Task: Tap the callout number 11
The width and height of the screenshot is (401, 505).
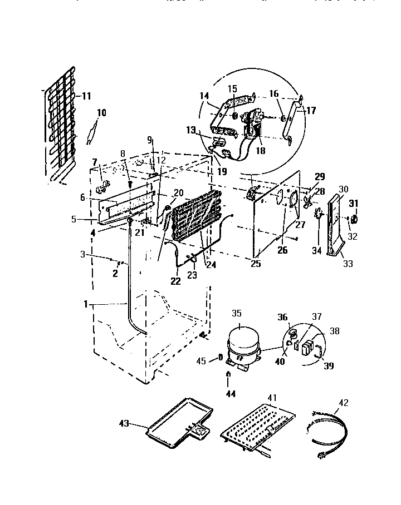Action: click(86, 96)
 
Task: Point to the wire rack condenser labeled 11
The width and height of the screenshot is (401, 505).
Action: click(60, 125)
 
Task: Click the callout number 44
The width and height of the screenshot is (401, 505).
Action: click(230, 394)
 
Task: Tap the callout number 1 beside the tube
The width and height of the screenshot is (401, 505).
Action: click(86, 304)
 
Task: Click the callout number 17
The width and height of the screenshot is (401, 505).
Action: click(311, 111)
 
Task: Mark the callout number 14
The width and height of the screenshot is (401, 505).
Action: click(204, 96)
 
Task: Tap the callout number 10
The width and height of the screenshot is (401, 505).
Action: click(101, 113)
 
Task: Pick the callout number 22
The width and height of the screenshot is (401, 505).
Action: click(175, 281)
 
